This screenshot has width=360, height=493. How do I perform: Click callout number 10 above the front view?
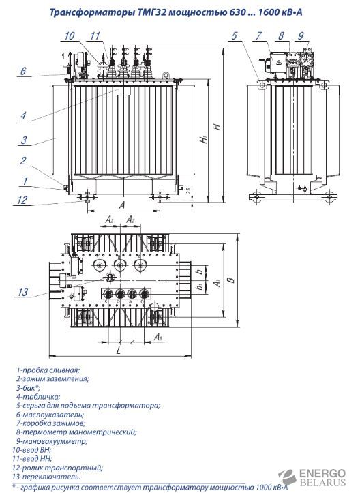click(70, 35)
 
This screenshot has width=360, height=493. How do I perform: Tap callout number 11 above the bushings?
click(95, 35)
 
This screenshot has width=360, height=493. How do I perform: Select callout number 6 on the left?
click(23, 71)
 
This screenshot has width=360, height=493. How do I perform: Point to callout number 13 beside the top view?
click(23, 292)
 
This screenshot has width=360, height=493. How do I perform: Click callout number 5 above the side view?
click(235, 35)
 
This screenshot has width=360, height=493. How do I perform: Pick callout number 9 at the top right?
click(301, 35)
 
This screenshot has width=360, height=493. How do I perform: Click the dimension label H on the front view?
click(217, 126)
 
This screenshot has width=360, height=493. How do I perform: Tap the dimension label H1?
click(205, 138)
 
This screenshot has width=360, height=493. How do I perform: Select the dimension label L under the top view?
click(119, 350)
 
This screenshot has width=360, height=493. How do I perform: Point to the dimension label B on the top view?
click(232, 279)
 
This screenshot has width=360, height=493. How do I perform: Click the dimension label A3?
click(157, 338)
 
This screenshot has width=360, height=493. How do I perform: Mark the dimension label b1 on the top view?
click(198, 287)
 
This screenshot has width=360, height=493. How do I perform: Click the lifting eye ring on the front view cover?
click(166, 75)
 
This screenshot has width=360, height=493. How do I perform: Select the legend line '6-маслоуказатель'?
click(50, 415)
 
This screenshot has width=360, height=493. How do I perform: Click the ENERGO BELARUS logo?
click(312, 477)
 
